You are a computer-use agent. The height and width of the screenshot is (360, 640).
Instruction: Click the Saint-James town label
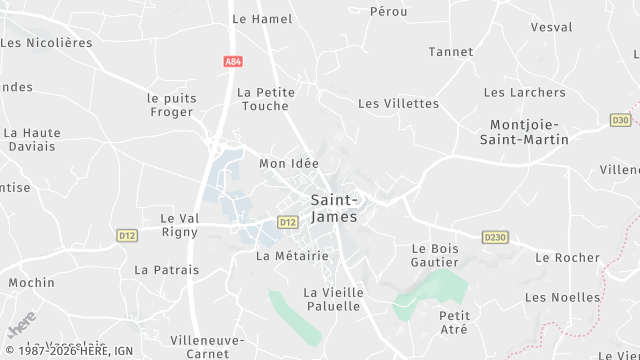(x=334, y=208)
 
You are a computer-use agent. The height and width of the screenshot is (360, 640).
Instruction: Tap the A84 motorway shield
(x=232, y=62)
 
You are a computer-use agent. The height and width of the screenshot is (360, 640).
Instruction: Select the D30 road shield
(x=620, y=119)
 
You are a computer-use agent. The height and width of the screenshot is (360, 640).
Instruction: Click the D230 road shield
(x=494, y=237)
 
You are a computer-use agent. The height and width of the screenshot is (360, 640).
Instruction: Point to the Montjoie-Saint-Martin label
(x=529, y=132)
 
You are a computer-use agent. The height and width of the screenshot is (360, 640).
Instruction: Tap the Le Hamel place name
(x=262, y=19)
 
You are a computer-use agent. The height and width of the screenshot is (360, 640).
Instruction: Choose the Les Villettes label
(x=398, y=103)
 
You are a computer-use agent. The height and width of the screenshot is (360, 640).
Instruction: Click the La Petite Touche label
(x=266, y=99)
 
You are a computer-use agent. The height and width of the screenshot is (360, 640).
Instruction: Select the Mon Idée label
(x=288, y=163)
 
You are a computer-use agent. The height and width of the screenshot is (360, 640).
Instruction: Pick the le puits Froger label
(x=172, y=105)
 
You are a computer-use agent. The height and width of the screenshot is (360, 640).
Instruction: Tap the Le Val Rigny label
(x=181, y=225)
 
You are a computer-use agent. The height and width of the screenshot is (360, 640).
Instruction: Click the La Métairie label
(x=292, y=256)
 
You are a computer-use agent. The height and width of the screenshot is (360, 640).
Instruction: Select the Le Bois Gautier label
(x=435, y=255)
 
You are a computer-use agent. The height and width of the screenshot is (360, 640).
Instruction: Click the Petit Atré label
(x=454, y=323)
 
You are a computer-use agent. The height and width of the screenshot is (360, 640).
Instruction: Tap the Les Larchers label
(x=524, y=93)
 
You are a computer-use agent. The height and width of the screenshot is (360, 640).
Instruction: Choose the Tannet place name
(x=450, y=52)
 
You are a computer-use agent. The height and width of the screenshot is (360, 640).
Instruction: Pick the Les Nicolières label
(x=47, y=43)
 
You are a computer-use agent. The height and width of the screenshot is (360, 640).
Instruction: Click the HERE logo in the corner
(x=21, y=325)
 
